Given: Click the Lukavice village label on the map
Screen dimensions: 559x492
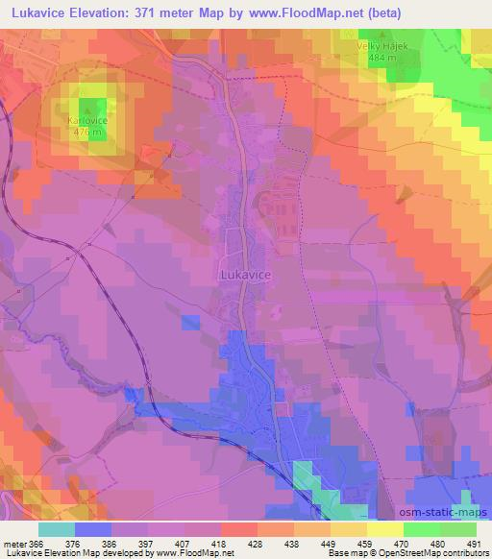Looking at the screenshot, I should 246,274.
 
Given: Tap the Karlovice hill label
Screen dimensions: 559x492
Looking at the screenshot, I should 87,121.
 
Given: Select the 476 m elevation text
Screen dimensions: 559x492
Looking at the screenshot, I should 87,133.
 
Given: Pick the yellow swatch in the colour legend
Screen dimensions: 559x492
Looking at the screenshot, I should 383,528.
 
